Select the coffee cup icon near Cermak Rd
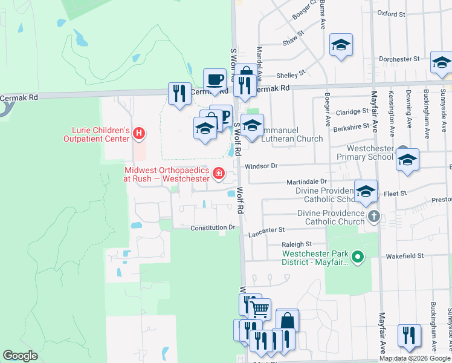215,79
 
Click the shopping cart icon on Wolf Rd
260,309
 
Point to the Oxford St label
390,13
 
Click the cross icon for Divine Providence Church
374,217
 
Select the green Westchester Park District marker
358,258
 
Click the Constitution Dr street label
212,228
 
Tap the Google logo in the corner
20,356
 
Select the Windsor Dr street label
260,165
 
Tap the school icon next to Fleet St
366,191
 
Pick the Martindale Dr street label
306,181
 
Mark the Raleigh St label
296,244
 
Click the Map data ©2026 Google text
415,358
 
